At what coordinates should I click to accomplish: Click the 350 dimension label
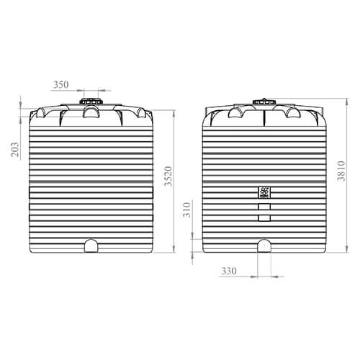61,85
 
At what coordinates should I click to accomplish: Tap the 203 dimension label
15,150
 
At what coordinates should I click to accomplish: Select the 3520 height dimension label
168,176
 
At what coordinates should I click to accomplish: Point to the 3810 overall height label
341,171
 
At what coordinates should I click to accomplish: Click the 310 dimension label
186,210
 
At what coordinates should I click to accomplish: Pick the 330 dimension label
229,271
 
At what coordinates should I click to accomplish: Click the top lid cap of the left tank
91,101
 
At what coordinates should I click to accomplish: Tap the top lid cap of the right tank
264,102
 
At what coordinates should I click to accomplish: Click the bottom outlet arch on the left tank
91,246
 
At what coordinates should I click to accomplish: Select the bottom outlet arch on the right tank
264,246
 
